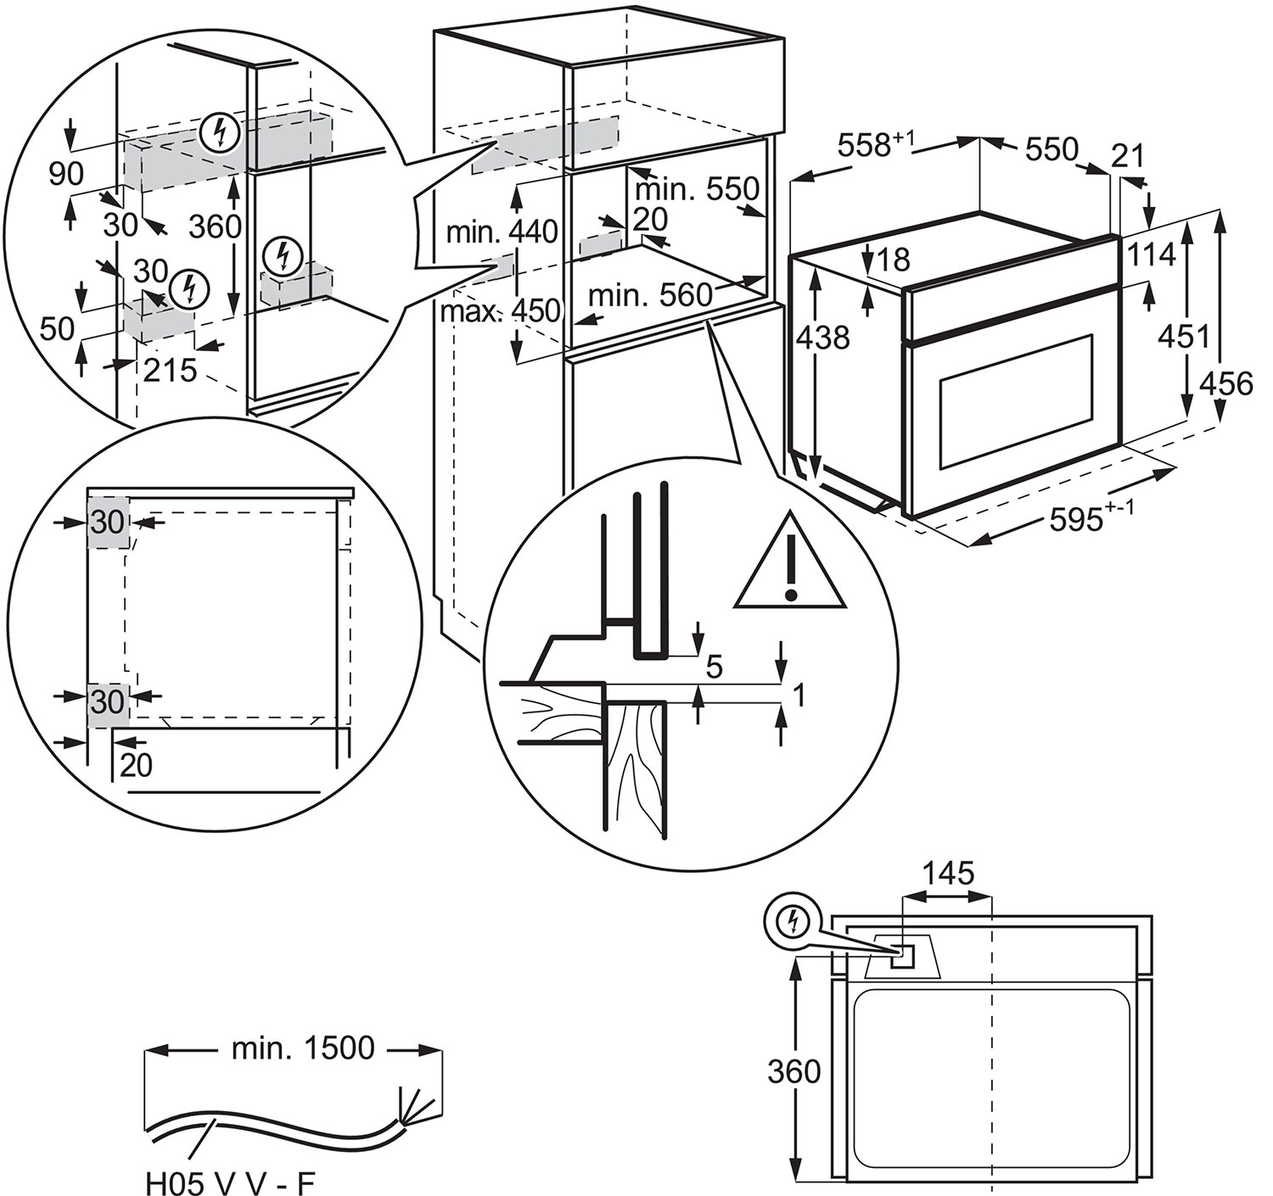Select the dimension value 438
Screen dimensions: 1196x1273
(x=823, y=338)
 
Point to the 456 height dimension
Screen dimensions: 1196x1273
(x=1225, y=383)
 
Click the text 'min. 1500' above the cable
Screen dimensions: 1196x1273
(x=302, y=1048)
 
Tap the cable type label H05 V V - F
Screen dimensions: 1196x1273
(x=230, y=1182)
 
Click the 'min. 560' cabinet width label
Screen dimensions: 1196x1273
(x=650, y=295)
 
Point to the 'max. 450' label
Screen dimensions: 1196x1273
(x=501, y=310)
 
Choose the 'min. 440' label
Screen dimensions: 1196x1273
(x=502, y=231)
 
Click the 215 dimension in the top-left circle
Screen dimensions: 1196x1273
(x=170, y=370)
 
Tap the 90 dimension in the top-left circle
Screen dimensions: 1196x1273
(x=65, y=174)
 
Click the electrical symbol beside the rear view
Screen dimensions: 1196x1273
(x=793, y=920)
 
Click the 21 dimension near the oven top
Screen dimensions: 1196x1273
(x=1128, y=156)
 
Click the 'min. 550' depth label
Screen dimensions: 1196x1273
(x=697, y=187)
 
